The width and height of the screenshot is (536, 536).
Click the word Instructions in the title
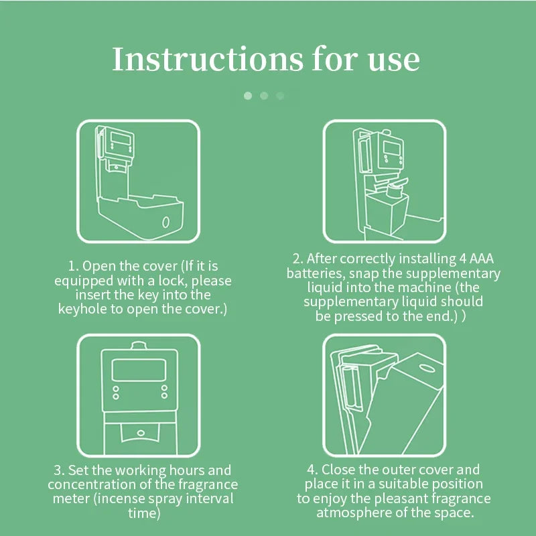[208, 59]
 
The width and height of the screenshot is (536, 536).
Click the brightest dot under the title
[248, 96]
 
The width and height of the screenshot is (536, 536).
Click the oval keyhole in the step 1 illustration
[165, 222]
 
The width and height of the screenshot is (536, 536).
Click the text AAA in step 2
[481, 259]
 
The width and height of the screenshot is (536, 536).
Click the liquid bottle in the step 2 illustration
[387, 208]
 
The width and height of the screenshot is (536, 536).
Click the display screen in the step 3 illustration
[139, 370]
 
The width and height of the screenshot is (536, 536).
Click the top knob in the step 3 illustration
[139, 345]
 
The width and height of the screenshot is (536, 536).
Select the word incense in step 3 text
[121, 498]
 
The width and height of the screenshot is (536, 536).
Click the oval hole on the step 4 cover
[427, 368]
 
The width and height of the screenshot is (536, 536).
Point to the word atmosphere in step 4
[354, 513]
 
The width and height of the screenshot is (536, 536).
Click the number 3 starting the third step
[58, 470]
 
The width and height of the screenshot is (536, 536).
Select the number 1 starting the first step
[72, 266]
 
